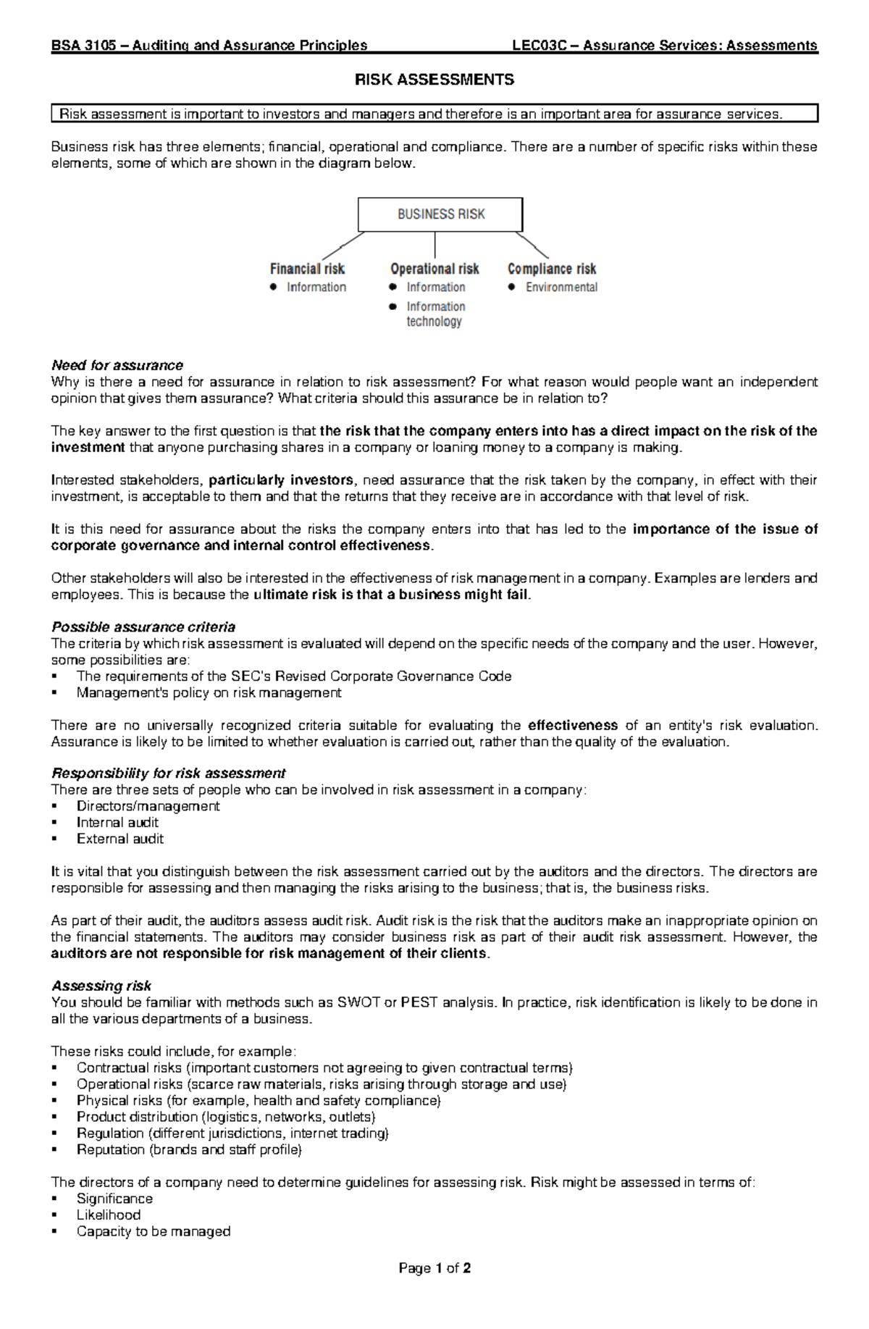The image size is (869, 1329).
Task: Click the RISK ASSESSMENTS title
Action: [x=434, y=80]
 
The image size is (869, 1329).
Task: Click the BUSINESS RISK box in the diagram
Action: [x=440, y=214]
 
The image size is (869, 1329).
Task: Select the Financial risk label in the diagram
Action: [x=307, y=269]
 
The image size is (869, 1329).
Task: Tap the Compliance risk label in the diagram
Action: [x=552, y=269]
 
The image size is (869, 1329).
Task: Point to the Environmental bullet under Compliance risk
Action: [x=561, y=288]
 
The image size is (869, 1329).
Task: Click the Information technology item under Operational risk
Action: [x=435, y=314]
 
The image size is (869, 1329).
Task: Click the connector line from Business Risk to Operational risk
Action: [x=434, y=245]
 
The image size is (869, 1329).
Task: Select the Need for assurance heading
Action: [x=117, y=365]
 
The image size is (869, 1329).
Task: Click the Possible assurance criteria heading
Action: [x=143, y=626]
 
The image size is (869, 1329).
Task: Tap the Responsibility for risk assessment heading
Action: [x=168, y=773]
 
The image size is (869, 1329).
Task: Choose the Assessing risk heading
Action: [x=101, y=986]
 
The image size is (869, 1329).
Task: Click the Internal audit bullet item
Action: [x=117, y=822]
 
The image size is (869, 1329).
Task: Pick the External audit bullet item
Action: [x=120, y=839]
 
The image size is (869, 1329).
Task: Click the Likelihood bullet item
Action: [x=109, y=1215]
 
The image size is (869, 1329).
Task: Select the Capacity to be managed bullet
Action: [x=154, y=1231]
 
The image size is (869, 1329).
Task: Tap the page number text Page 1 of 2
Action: [x=434, y=1268]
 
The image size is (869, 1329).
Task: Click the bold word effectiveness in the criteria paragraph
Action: [x=573, y=725]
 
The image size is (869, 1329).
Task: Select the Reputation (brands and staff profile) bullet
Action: [x=188, y=1149]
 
